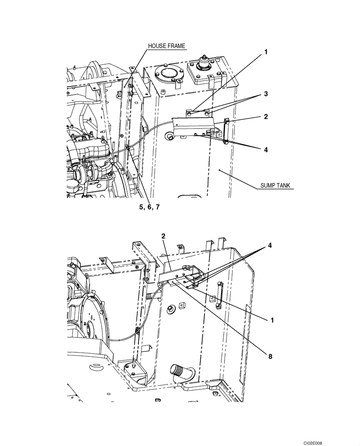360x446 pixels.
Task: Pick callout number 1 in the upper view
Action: point(266,52)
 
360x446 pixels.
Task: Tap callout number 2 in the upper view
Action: point(266,116)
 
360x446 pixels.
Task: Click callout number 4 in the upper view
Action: point(266,150)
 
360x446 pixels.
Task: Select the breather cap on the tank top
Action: point(205,62)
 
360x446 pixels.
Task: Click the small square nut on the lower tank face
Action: point(182,306)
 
